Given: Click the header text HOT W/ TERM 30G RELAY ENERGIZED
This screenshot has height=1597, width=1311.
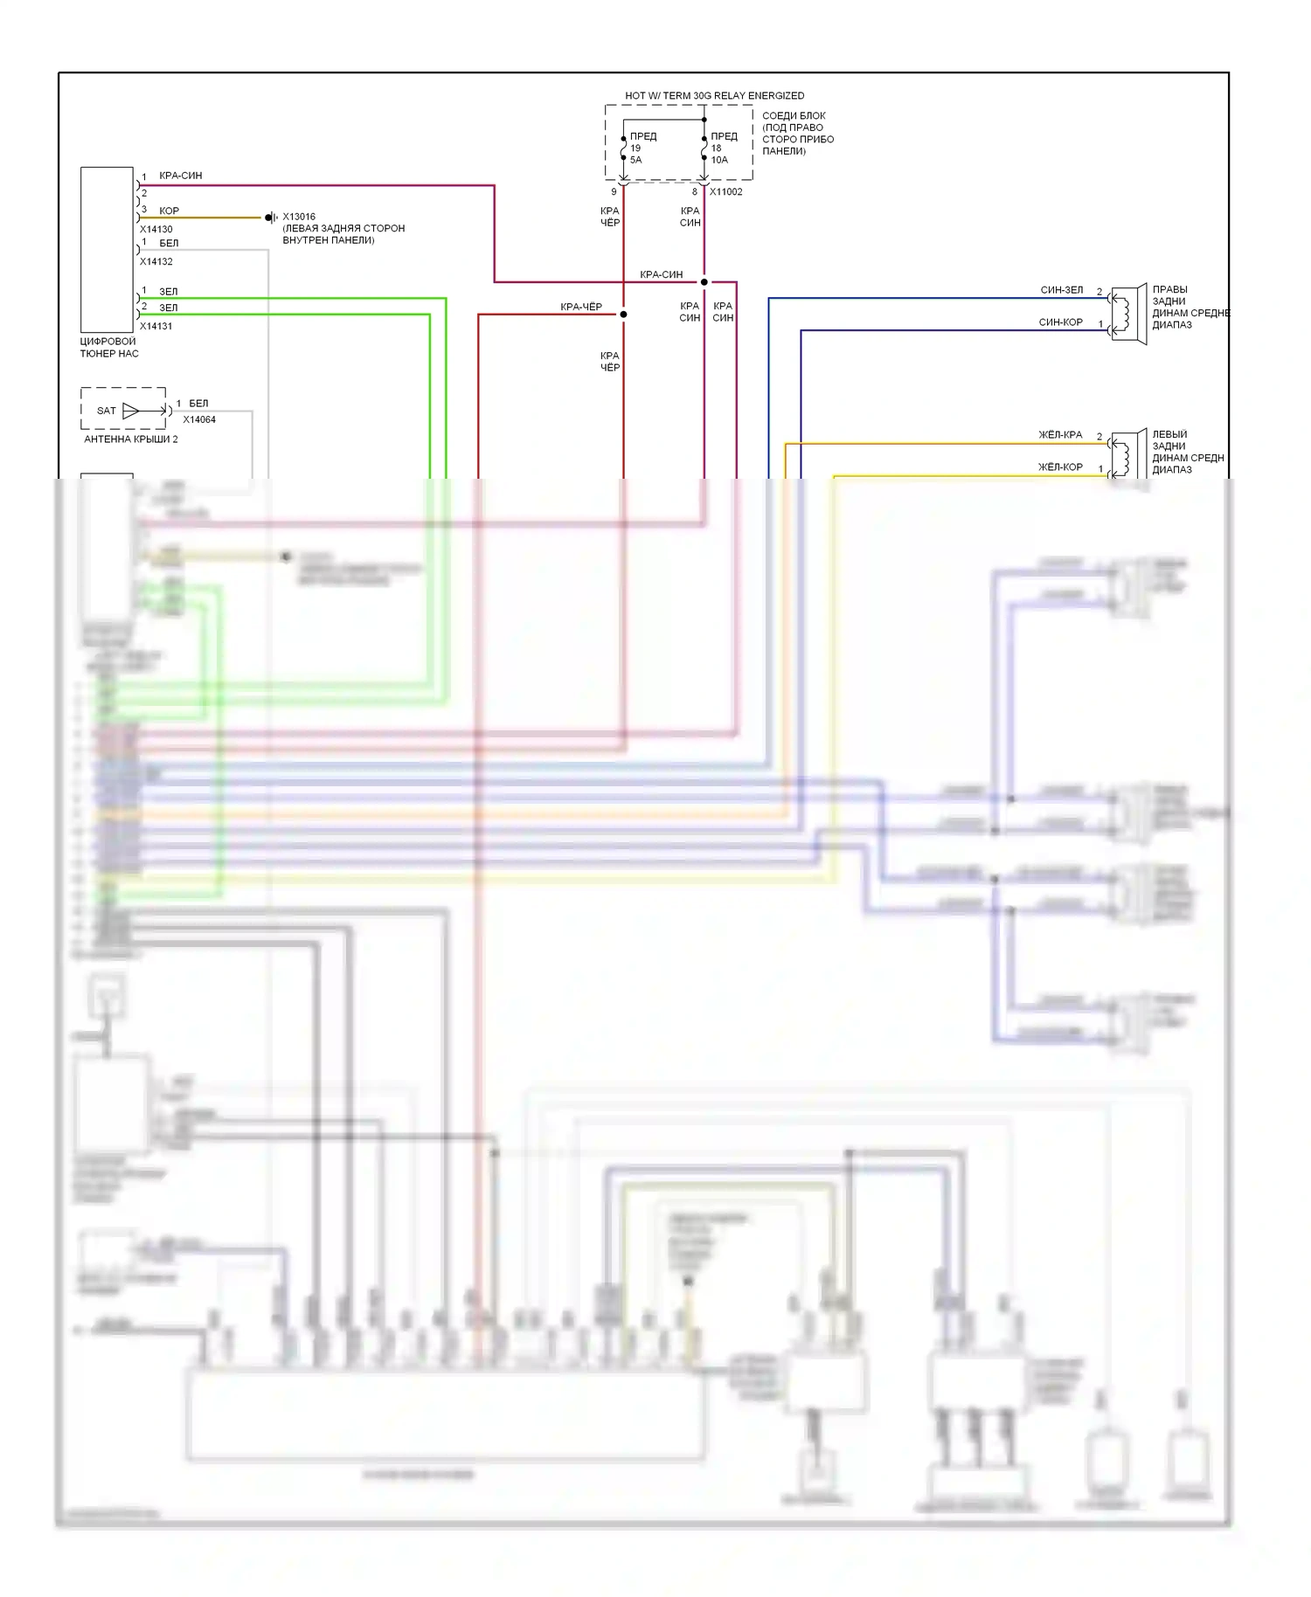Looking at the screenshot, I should (x=714, y=95).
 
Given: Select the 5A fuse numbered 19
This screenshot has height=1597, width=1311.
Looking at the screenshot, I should (x=624, y=149).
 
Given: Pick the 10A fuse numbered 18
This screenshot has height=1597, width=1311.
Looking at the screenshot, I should (x=704, y=149).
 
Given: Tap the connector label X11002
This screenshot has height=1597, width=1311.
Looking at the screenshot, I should (x=725, y=191).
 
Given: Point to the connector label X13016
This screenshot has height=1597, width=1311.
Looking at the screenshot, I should (x=299, y=217).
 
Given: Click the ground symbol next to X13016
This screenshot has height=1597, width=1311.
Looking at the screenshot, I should (x=271, y=218).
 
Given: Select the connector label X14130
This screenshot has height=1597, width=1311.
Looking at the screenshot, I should (x=156, y=230).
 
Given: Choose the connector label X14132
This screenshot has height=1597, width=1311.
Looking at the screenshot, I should (x=156, y=262).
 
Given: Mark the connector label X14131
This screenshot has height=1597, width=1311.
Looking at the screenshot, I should (x=156, y=327).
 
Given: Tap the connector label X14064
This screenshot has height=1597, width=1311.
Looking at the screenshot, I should (x=199, y=419).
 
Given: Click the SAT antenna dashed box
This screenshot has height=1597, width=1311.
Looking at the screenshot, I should (x=123, y=409).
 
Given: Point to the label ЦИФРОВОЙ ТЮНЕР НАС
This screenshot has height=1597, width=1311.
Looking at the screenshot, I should (x=108, y=348).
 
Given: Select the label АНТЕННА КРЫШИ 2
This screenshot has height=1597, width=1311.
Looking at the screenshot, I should (x=130, y=439).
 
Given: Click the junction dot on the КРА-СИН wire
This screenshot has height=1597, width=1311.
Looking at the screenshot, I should (x=704, y=282).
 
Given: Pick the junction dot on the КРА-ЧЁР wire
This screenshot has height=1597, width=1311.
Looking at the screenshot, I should (x=624, y=315).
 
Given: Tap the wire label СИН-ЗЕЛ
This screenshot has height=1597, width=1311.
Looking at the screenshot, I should (x=1061, y=290).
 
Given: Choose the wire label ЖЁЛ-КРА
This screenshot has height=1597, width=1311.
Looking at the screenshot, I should (x=1059, y=434).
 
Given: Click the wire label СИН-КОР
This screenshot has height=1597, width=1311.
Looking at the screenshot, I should (x=1060, y=322).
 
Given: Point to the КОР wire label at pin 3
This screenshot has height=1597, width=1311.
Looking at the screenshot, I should (x=169, y=211).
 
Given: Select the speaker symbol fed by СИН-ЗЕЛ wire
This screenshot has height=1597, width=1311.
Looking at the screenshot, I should (x=1127, y=313).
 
